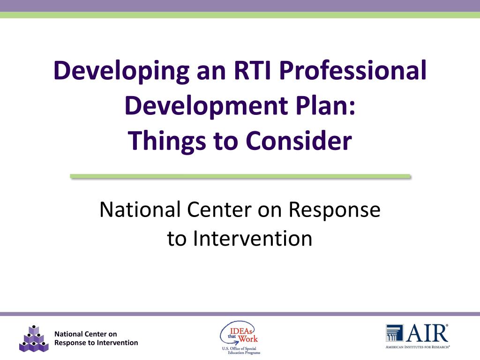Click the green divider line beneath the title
pyautogui.click(x=240, y=176)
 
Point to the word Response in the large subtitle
pyautogui.click(x=334, y=210)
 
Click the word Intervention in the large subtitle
pyautogui.click(x=253, y=238)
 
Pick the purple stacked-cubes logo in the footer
pyautogui.click(x=34, y=338)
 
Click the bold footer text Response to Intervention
pyautogui.click(x=96, y=343)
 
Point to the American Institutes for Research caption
pyautogui.click(x=417, y=347)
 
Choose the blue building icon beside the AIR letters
pyautogui.click(x=394, y=333)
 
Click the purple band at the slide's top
pyautogui.click(x=240, y=6)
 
